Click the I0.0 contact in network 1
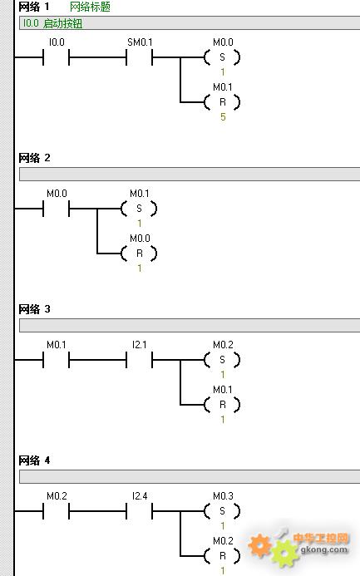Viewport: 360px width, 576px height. click(x=57, y=57)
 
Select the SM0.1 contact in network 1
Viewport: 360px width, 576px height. click(x=139, y=57)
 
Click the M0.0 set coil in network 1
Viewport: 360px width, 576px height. click(x=222, y=57)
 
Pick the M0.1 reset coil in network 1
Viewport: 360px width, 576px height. click(x=222, y=102)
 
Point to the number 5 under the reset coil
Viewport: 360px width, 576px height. click(x=223, y=117)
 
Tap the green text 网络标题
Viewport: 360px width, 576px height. click(x=90, y=7)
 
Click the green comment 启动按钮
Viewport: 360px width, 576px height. click(x=63, y=23)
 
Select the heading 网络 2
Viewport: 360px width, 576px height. click(x=34, y=158)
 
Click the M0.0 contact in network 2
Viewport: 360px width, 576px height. click(x=57, y=209)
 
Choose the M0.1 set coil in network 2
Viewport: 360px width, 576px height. click(x=139, y=209)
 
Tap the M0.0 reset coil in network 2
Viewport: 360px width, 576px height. click(x=139, y=254)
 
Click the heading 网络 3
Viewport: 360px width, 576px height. click(x=34, y=309)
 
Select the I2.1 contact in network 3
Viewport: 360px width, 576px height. click(x=139, y=360)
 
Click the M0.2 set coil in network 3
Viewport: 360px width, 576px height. click(x=222, y=360)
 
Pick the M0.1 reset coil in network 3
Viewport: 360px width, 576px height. click(x=222, y=405)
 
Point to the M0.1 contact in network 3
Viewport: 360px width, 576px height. click(x=57, y=360)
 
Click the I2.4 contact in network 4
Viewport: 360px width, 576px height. click(x=139, y=511)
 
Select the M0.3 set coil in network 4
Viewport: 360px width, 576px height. click(x=222, y=511)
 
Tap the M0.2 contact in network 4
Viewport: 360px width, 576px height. click(x=57, y=511)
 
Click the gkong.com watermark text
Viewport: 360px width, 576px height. click(x=324, y=550)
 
